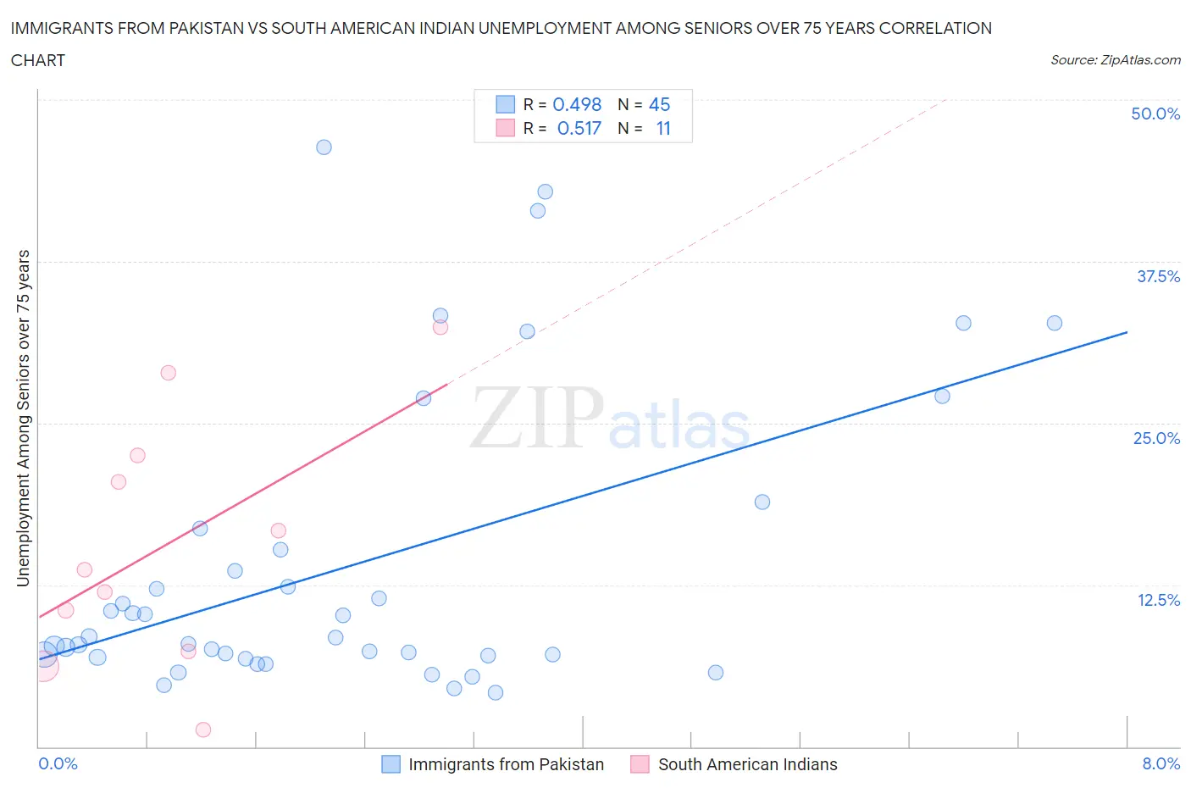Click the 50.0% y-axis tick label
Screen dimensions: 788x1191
(x=1155, y=114)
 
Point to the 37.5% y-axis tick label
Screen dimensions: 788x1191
(x=1158, y=276)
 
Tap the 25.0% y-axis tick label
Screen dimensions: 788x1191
(x=1156, y=438)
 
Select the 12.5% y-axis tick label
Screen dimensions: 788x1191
(x=1158, y=600)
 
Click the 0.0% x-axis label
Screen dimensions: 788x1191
(x=58, y=763)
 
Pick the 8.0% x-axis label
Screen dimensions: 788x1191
(x=1161, y=763)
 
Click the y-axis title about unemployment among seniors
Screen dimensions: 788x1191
(x=23, y=419)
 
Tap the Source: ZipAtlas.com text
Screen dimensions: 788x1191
(x=1115, y=59)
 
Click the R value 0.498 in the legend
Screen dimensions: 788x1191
(x=577, y=104)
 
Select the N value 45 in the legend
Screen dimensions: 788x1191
(x=659, y=104)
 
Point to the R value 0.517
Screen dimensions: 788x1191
(x=579, y=128)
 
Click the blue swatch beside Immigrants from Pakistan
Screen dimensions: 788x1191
(x=391, y=764)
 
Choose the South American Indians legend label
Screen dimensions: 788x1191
(x=747, y=764)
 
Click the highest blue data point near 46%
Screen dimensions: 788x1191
(x=324, y=147)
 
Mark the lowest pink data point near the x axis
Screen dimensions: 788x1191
(x=203, y=730)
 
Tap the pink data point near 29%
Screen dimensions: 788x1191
(x=169, y=373)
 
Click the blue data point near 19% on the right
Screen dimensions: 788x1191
(x=762, y=502)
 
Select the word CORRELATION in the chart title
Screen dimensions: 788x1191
(x=935, y=28)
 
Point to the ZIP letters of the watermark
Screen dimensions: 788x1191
(x=537, y=417)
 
